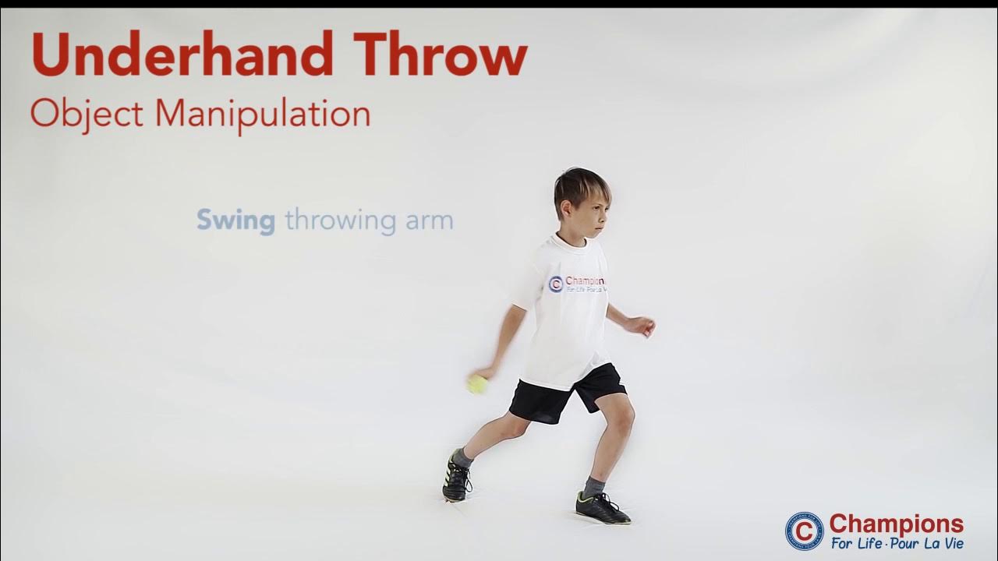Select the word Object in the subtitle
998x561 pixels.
[87, 114]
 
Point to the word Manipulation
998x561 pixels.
[262, 114]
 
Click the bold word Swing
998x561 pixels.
[235, 221]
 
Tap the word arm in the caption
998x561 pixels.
[429, 221]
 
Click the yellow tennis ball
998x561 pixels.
[476, 383]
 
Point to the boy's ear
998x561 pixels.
[568, 210]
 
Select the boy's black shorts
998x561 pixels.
[564, 393]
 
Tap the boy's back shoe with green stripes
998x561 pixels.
[457, 478]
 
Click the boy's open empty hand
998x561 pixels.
[642, 325]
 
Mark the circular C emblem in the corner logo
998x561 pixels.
[804, 531]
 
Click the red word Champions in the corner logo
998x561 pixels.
[896, 523]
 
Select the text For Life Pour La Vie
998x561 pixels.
[896, 543]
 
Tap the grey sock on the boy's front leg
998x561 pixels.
[594, 486]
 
